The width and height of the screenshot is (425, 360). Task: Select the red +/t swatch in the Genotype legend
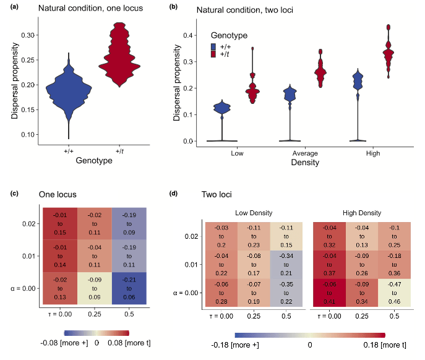(x=213, y=55)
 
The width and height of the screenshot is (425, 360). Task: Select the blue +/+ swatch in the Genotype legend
(x=213, y=46)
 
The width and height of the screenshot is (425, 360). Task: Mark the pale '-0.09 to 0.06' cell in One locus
(x=94, y=288)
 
